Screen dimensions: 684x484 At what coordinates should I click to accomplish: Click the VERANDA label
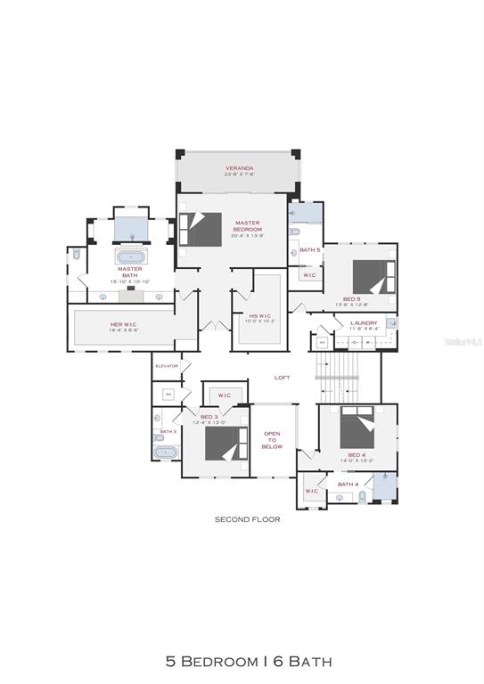(239, 167)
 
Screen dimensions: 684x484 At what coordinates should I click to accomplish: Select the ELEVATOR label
(167, 366)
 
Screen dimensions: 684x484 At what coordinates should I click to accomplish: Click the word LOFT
(282, 378)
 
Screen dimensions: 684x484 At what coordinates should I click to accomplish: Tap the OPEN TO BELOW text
(272, 440)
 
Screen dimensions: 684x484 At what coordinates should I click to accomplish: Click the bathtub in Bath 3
(167, 452)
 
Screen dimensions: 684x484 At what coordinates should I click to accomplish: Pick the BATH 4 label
(348, 484)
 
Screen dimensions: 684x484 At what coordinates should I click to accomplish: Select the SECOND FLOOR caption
(247, 518)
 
